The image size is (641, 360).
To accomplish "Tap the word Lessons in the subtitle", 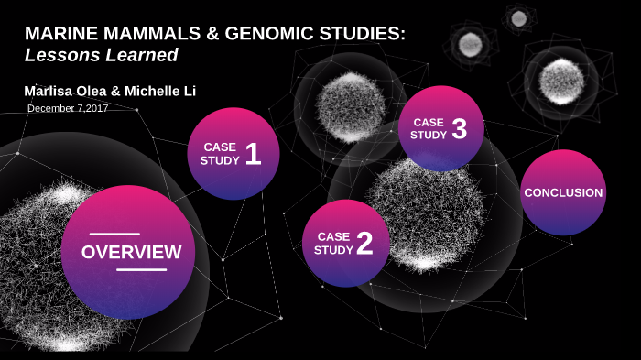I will [x=59, y=55].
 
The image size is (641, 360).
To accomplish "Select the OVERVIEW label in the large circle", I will [x=131, y=252].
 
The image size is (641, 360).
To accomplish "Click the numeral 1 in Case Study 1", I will [x=254, y=154].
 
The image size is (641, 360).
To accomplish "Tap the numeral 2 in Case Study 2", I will [x=364, y=244].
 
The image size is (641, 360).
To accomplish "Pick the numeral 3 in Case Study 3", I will [x=460, y=129].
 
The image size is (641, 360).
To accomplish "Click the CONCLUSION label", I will [x=563, y=192].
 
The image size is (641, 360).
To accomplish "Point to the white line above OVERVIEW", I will [x=114, y=235].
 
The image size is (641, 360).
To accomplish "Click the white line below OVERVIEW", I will [x=142, y=270].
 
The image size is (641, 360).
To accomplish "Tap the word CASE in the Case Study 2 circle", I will [x=334, y=236].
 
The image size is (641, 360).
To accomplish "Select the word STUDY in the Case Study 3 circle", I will [x=429, y=135].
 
